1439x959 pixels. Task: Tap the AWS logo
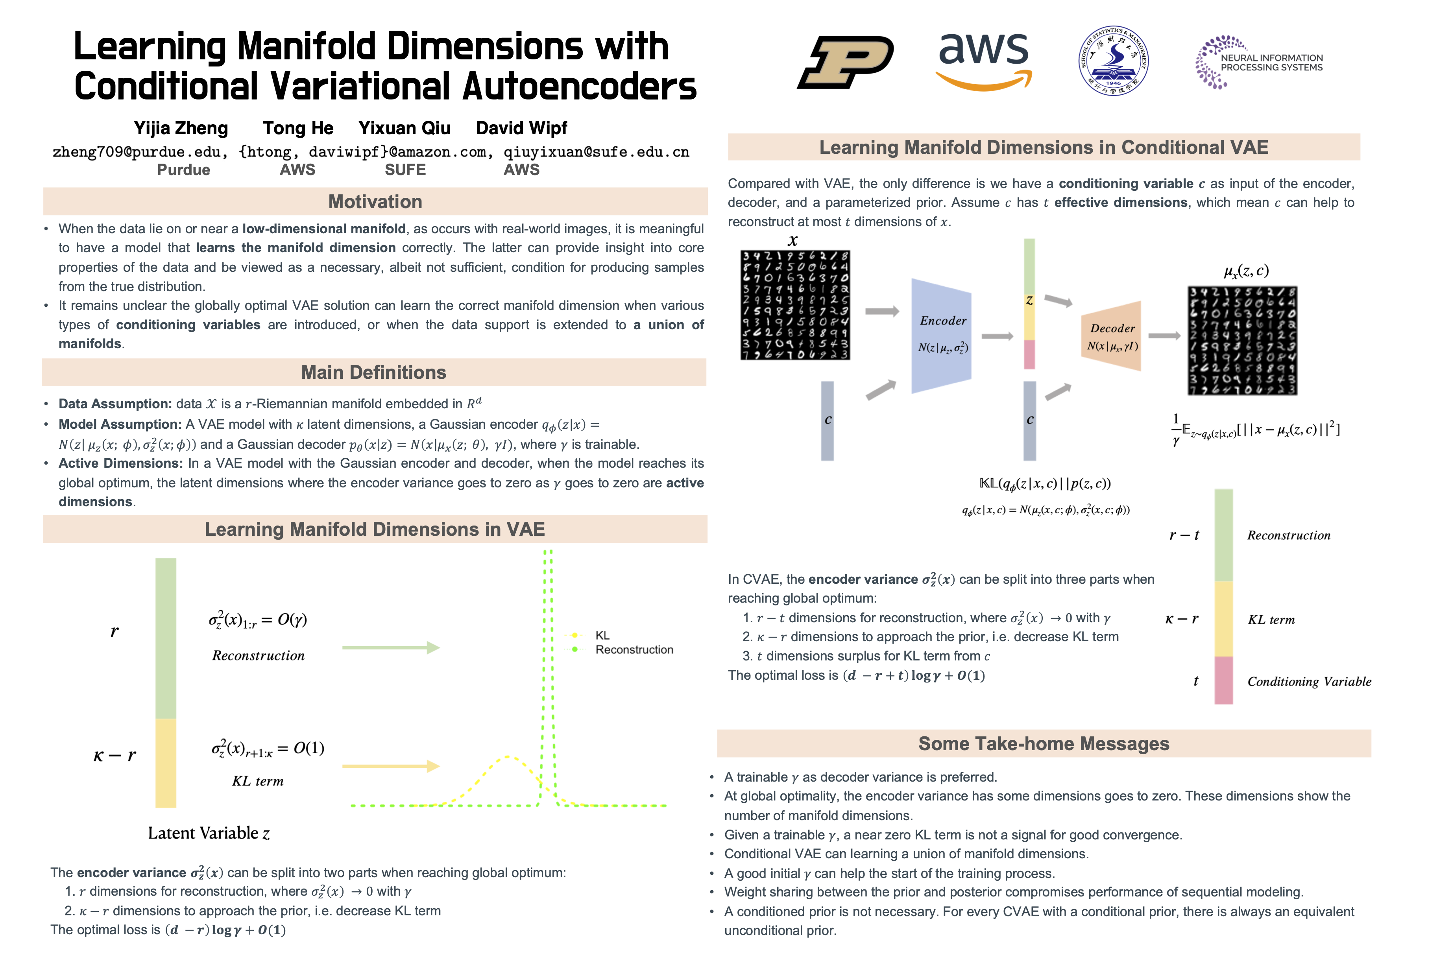[x=984, y=61]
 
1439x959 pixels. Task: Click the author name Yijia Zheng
[x=181, y=129]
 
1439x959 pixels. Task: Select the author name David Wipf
[x=521, y=129]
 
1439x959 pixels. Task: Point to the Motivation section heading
[x=375, y=202]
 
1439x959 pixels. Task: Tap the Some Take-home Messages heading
[x=1044, y=744]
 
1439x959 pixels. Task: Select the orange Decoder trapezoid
[x=1111, y=336]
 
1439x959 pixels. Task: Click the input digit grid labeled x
[x=795, y=304]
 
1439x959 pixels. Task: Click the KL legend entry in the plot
[x=602, y=635]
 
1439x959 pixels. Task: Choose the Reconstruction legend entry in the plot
[x=634, y=649]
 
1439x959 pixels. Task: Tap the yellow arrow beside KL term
[x=390, y=766]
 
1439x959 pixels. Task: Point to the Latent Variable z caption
[x=209, y=833]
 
